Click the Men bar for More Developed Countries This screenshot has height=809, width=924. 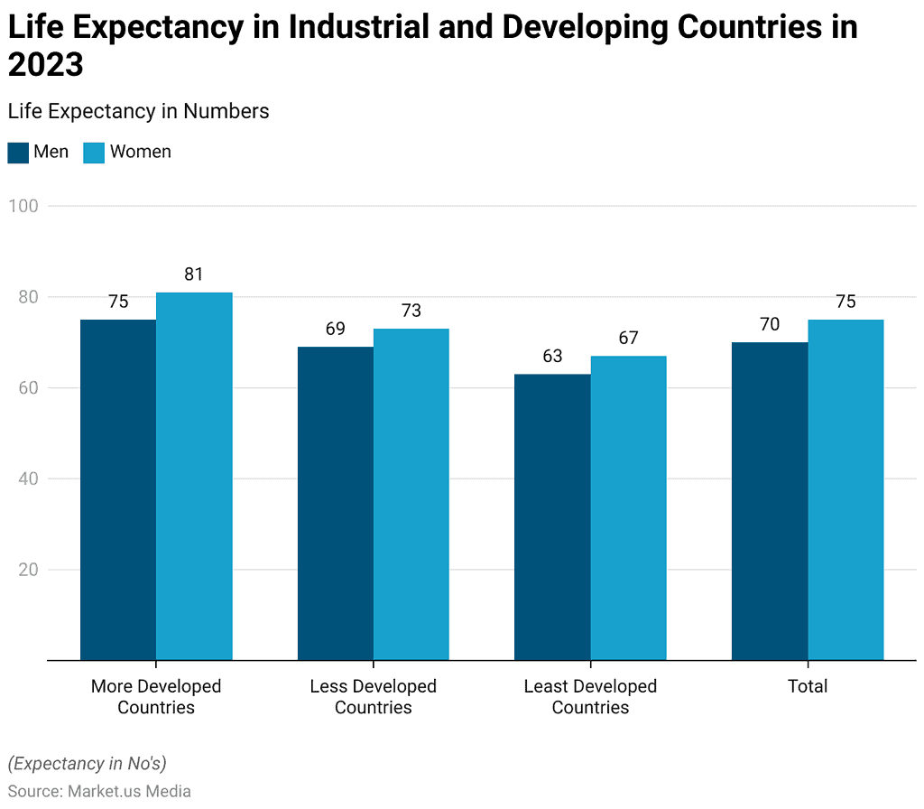118,489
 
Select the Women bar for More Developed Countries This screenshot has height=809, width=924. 194,476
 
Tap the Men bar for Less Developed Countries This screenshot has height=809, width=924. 336,503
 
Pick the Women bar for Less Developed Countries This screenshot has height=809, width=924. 411,494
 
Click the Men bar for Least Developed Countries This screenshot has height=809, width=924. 552,516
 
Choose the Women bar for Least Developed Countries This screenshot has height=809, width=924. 629,507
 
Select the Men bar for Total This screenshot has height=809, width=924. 770,501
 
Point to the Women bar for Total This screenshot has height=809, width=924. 845,489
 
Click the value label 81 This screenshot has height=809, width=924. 194,274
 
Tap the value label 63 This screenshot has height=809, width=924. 552,356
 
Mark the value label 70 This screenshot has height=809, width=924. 770,324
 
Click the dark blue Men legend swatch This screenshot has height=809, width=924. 18,153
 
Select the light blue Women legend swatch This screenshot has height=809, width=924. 94,153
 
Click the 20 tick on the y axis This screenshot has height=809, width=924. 27,570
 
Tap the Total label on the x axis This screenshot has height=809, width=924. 808,686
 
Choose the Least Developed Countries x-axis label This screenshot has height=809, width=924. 590,696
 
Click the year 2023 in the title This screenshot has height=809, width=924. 45,65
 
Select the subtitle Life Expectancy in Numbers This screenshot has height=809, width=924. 138,111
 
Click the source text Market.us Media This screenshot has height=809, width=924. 127,791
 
